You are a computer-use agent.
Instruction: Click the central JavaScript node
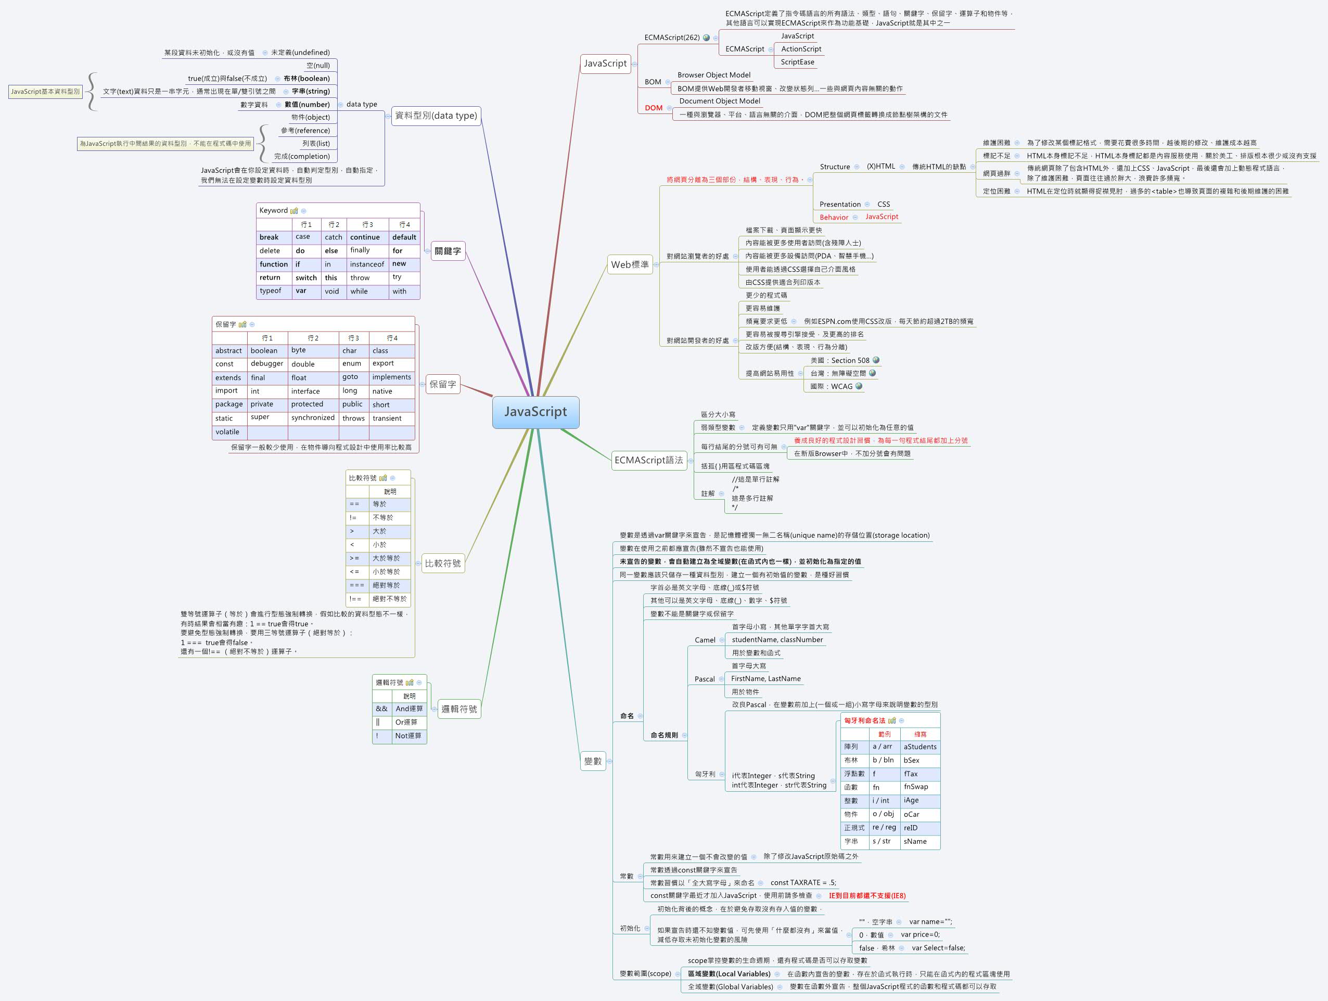coord(535,412)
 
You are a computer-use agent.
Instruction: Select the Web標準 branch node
coord(629,264)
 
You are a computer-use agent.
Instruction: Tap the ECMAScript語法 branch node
coord(648,460)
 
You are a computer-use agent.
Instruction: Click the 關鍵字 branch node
coord(448,251)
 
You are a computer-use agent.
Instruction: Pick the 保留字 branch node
coord(442,384)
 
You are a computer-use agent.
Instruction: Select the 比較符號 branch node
coord(442,563)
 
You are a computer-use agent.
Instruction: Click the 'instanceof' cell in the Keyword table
coord(367,264)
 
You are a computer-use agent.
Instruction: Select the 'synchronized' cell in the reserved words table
coord(313,418)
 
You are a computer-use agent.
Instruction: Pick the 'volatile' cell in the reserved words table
coord(227,432)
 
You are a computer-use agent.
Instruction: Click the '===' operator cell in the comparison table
coord(356,585)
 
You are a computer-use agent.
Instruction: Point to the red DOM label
coord(653,108)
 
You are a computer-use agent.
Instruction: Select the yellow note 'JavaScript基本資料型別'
coord(45,92)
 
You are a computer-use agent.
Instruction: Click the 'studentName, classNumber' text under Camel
coord(777,640)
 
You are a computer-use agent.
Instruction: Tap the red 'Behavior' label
coord(833,218)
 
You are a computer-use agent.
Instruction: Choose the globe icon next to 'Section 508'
coord(876,360)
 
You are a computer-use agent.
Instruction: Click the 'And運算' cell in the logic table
coord(409,708)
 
